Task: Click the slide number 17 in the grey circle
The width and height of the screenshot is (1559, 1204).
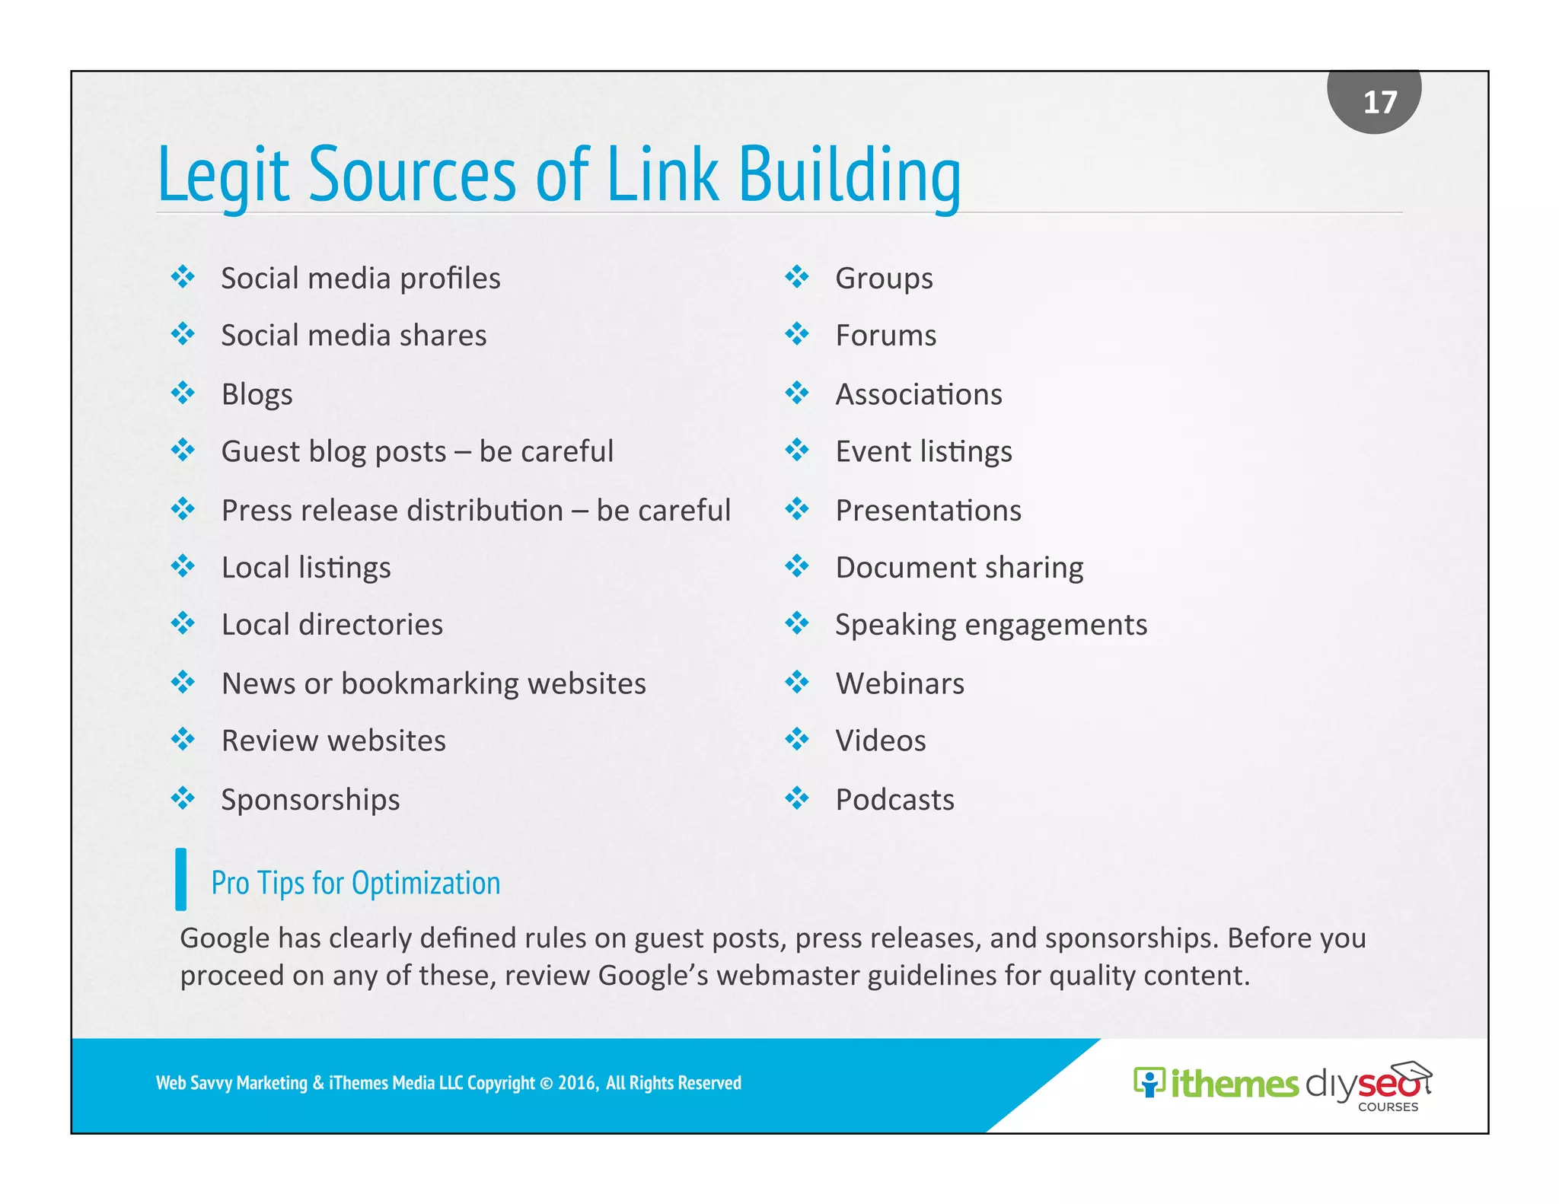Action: coord(1379,103)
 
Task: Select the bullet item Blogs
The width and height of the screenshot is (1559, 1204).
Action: coord(257,394)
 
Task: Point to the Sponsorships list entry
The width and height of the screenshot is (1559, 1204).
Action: coord(310,800)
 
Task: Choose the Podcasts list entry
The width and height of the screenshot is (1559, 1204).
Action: coord(894,800)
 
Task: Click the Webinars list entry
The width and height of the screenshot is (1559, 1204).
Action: coord(900,683)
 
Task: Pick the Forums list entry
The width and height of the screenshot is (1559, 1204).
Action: coord(885,336)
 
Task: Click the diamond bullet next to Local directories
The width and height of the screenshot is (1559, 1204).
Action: coord(183,623)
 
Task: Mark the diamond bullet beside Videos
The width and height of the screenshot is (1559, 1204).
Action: coord(797,739)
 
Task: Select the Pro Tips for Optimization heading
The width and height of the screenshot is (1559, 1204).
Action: coord(355,883)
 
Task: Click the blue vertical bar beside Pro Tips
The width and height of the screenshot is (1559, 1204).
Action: coord(180,879)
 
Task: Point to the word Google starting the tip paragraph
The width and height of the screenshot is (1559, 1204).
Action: coord(225,938)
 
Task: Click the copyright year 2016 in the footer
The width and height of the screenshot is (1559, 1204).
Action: coord(576,1083)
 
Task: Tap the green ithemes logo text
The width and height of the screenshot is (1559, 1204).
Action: coord(1233,1084)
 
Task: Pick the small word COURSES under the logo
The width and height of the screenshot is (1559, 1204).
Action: coord(1388,1107)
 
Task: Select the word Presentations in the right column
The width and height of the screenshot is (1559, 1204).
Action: coord(928,511)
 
